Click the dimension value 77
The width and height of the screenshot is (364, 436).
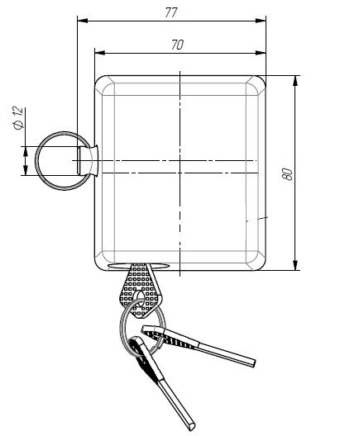171,12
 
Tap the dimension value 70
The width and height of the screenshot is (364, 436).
177,45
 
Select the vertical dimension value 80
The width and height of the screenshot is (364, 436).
289,174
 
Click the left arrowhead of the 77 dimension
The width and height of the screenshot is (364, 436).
83,21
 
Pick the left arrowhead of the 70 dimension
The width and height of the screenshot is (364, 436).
100,53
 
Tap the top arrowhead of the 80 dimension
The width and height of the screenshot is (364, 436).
295,81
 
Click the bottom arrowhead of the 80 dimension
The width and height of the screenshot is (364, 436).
295,265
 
